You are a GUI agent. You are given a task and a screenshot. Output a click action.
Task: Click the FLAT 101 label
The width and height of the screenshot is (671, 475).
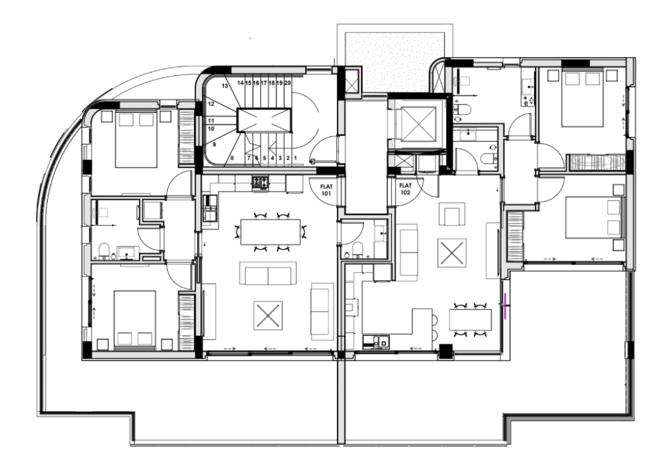tap(326, 190)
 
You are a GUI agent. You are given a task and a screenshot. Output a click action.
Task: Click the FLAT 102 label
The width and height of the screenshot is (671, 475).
tap(405, 189)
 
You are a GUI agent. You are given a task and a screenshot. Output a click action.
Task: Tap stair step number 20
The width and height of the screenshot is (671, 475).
tap(288, 83)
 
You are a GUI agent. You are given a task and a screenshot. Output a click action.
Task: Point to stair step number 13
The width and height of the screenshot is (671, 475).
tap(225, 86)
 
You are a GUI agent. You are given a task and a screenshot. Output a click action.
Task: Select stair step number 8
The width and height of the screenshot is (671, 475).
tap(232, 158)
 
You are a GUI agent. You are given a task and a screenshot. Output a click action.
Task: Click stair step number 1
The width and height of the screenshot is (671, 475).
tap(296, 158)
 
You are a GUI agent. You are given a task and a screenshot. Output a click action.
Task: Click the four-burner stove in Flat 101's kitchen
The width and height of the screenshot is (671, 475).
tap(261, 183)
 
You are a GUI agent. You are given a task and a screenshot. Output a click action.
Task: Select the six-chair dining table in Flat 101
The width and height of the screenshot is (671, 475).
tap(271, 232)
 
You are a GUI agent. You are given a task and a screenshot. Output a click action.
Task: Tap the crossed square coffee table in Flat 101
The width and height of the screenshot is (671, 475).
tap(268, 316)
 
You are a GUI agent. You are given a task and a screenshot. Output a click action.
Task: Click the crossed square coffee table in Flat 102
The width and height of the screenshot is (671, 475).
tap(452, 253)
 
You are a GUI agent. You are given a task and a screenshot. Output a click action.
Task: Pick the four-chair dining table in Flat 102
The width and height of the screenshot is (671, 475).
tap(470, 320)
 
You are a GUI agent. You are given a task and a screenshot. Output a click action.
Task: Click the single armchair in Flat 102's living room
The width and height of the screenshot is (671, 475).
tap(453, 214)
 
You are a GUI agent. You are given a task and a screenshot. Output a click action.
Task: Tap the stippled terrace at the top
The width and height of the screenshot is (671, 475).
tap(394, 59)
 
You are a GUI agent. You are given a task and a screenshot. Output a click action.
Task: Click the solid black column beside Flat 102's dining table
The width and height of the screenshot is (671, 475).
tap(446, 351)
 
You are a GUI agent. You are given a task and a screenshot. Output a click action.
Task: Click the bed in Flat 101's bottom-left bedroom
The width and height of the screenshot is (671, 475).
tap(135, 318)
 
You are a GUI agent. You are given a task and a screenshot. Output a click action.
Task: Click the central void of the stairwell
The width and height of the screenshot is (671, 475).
tap(263, 120)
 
